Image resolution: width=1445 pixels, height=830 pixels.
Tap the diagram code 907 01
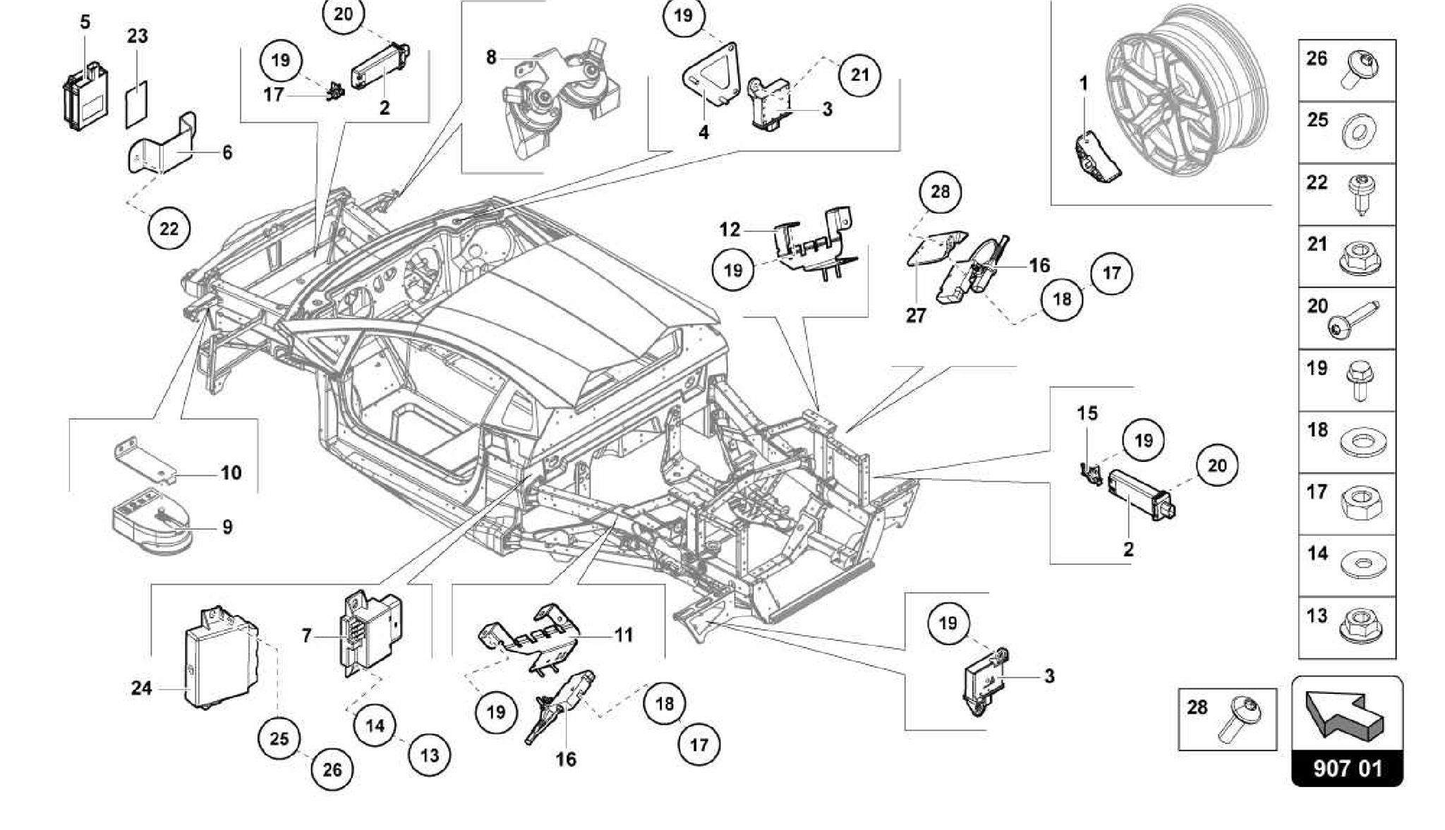(x=1347, y=768)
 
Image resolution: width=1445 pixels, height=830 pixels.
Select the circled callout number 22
(x=169, y=228)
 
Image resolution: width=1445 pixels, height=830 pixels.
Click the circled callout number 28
(x=941, y=191)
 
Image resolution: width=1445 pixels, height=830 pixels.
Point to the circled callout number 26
(x=332, y=769)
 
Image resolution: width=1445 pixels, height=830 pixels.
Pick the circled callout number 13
(x=430, y=755)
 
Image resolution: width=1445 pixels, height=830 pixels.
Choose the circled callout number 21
(x=859, y=74)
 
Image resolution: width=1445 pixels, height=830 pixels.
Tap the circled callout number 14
(x=375, y=725)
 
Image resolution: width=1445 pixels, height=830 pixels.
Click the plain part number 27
(x=915, y=315)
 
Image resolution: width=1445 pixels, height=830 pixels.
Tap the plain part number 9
(x=227, y=527)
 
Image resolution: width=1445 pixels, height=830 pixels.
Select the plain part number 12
(x=730, y=229)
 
